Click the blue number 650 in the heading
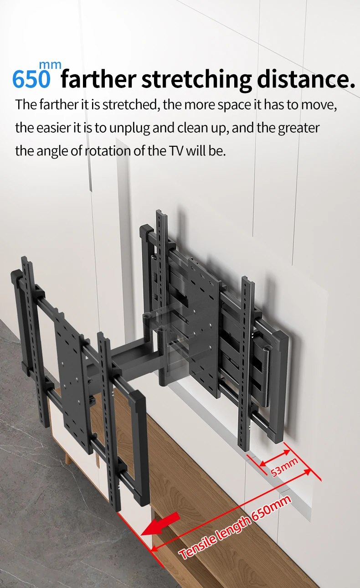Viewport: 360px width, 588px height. [31, 79]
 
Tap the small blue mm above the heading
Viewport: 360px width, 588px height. [50, 65]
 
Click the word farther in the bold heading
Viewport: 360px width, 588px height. [99, 78]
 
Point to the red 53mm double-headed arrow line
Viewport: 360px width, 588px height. [275, 459]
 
